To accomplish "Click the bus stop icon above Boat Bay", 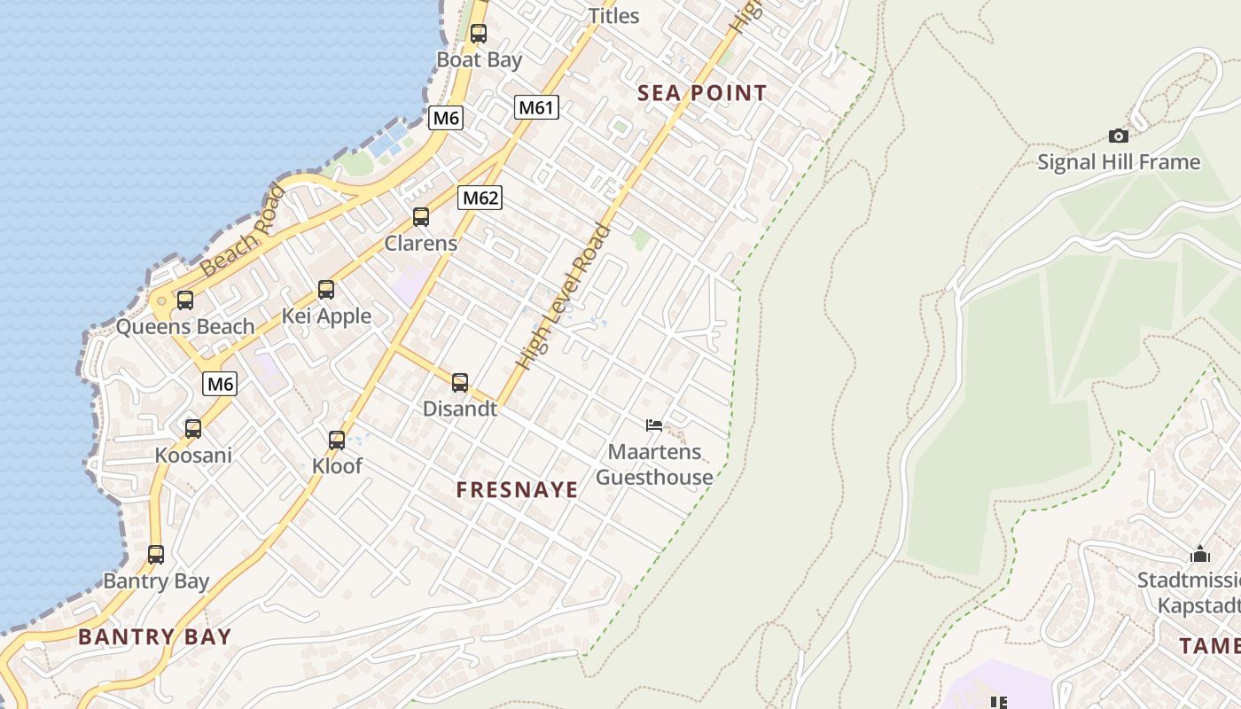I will pos(479,34).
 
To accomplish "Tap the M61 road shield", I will pos(536,108).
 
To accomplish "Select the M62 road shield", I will pos(480,198).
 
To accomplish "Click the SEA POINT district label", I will pos(702,93).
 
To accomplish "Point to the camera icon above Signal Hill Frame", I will pos(1119,136).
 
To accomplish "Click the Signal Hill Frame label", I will pos(1119,162).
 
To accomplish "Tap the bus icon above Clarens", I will pos(421,216).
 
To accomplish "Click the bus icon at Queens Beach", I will pos(184,300).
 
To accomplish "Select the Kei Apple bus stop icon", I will pos(326,289).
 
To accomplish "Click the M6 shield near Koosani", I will pos(220,384).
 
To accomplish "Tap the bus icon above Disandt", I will pos(460,383).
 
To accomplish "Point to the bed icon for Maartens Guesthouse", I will pos(654,425).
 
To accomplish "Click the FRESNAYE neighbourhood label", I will pos(517,489).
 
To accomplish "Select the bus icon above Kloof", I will pos(337,440).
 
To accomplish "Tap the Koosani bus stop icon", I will pos(193,429).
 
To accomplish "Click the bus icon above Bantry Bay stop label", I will pos(156,555).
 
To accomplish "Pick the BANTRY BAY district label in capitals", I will pos(154,636).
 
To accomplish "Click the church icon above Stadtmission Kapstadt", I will pos(1201,554).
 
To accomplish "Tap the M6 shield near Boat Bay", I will pos(446,118).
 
